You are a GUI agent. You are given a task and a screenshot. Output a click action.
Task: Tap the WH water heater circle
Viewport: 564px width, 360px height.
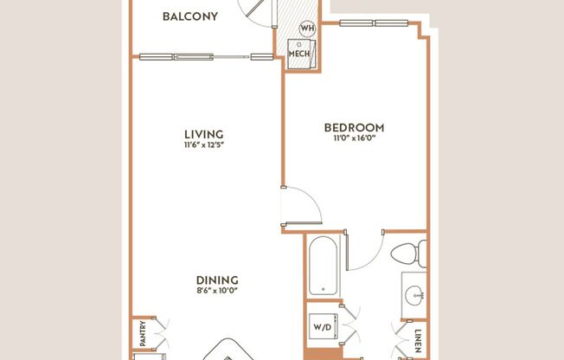click(x=306, y=29)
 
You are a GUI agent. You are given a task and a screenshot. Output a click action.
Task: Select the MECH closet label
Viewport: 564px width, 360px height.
click(x=298, y=53)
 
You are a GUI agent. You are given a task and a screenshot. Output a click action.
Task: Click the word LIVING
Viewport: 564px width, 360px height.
click(x=204, y=134)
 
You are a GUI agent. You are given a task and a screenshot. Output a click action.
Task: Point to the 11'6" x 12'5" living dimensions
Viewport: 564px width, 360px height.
click(x=204, y=145)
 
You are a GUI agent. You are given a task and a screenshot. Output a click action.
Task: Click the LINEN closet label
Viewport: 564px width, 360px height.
click(x=419, y=337)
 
